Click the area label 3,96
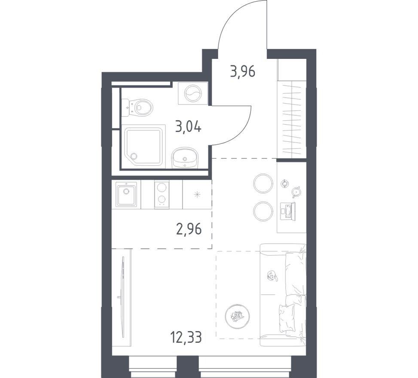point(242,71)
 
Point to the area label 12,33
point(186,337)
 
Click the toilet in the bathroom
point(138,107)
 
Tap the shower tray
point(143,146)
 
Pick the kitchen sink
point(126,194)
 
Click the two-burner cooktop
point(162,194)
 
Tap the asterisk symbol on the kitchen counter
point(197,194)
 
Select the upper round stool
point(263,183)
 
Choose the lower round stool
point(263,211)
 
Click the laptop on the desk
point(288,211)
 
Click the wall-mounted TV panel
point(122,296)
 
